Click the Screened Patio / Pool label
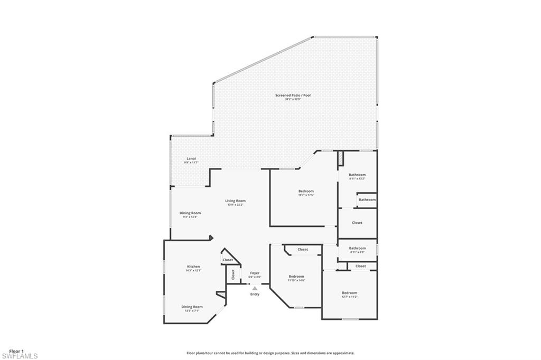click(x=293, y=96)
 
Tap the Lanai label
click(x=191, y=158)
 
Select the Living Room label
click(x=236, y=201)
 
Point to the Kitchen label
click(x=193, y=267)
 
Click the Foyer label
click(x=255, y=273)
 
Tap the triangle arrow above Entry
click(x=255, y=288)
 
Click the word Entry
click(x=255, y=294)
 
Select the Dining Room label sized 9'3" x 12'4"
click(x=190, y=213)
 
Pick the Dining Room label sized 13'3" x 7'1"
click(x=192, y=307)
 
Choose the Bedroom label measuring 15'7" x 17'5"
click(x=306, y=191)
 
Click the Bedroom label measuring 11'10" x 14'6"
click(x=296, y=277)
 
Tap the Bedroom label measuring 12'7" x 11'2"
click(x=349, y=293)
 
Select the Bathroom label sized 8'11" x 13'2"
click(x=357, y=175)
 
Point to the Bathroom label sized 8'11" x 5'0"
click(x=357, y=248)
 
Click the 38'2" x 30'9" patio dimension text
click(x=293, y=99)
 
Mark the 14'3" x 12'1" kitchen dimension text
click(x=193, y=270)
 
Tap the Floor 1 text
click(x=17, y=351)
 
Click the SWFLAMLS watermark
click(x=20, y=356)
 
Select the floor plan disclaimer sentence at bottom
click(x=270, y=353)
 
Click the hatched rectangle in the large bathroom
click(x=341, y=158)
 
